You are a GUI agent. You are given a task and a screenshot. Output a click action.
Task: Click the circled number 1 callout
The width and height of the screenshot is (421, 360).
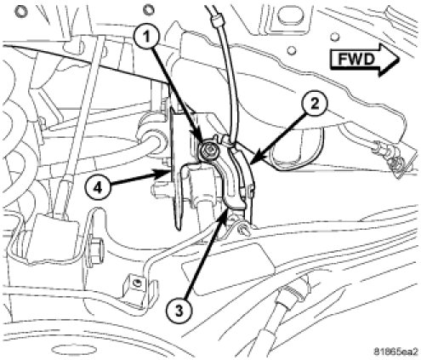[146, 37]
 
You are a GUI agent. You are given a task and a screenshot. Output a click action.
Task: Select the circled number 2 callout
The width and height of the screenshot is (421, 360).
[315, 105]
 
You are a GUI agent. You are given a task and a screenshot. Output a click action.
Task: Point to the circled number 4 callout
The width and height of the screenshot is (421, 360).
[98, 188]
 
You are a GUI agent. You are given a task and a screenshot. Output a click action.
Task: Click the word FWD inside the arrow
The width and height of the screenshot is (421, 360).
[357, 60]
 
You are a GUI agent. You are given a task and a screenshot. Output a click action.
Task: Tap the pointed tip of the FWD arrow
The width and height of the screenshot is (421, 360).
[400, 60]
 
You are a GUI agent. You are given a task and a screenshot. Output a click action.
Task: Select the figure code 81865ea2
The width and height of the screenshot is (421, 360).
[395, 351]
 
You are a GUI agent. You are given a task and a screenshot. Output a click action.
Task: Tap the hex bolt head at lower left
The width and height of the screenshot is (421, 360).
[96, 244]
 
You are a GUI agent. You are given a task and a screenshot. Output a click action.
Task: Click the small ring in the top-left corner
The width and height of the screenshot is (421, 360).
[20, 11]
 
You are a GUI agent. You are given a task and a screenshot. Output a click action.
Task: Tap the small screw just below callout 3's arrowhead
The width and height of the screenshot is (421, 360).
[244, 228]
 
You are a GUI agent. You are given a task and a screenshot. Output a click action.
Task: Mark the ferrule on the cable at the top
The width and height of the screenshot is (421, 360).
[215, 20]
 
